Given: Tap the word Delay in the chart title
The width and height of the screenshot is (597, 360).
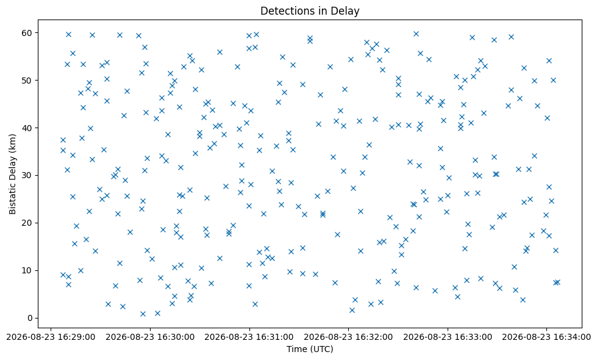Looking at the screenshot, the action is coord(347,11).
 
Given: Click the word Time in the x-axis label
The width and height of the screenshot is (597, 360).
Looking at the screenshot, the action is coord(296,348).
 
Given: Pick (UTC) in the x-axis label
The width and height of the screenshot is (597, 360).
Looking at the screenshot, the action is coord(321,349).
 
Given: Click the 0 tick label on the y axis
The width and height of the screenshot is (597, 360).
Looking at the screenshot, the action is coord(30,318).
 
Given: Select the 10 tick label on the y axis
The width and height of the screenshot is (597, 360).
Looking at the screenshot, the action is coord(27,270).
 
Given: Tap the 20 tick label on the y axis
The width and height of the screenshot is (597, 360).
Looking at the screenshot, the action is coord(27,223).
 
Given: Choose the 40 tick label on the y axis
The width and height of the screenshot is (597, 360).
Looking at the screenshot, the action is coord(27,128).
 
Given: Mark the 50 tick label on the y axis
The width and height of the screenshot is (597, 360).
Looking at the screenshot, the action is coord(27,81).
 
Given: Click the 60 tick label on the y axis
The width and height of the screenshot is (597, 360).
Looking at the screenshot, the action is coord(27,33).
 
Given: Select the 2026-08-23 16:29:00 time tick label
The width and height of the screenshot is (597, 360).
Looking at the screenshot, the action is coord(51,337).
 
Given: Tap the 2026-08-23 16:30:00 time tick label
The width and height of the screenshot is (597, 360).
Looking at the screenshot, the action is coord(150,337).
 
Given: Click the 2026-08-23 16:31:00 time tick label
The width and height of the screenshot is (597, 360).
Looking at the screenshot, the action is coord(249,337).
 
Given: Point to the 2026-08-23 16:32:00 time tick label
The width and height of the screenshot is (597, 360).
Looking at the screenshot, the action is coord(348,337).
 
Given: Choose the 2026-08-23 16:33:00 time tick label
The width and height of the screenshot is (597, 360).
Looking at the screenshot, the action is coord(448,337).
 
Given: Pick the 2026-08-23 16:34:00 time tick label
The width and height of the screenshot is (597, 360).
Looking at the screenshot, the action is coord(546,337).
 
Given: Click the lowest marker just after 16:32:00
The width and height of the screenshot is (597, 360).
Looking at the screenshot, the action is coord(352,310).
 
